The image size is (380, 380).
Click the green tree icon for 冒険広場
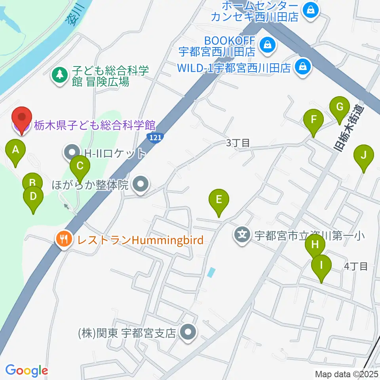[60, 74]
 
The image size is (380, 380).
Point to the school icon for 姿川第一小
[242, 235]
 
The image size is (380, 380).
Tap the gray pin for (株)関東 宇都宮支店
[188, 332]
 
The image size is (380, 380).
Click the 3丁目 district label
[237, 143]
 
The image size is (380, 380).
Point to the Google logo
[27, 370]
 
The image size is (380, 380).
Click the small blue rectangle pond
[211, 272]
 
